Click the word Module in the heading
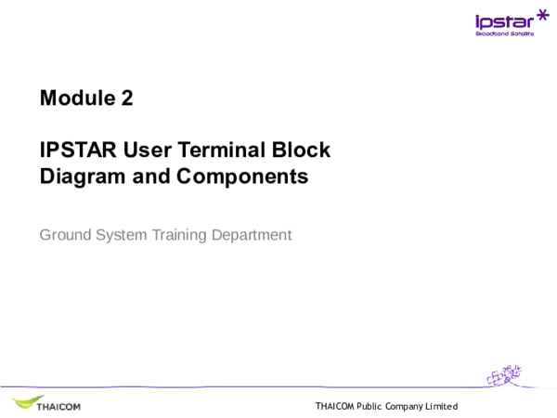coord(72,98)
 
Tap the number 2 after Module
coord(126,98)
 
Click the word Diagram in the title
coord(81,176)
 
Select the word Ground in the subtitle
coord(64,235)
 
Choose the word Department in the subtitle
coord(252,235)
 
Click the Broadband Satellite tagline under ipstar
coord(504,34)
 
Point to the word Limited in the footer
coord(442,407)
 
